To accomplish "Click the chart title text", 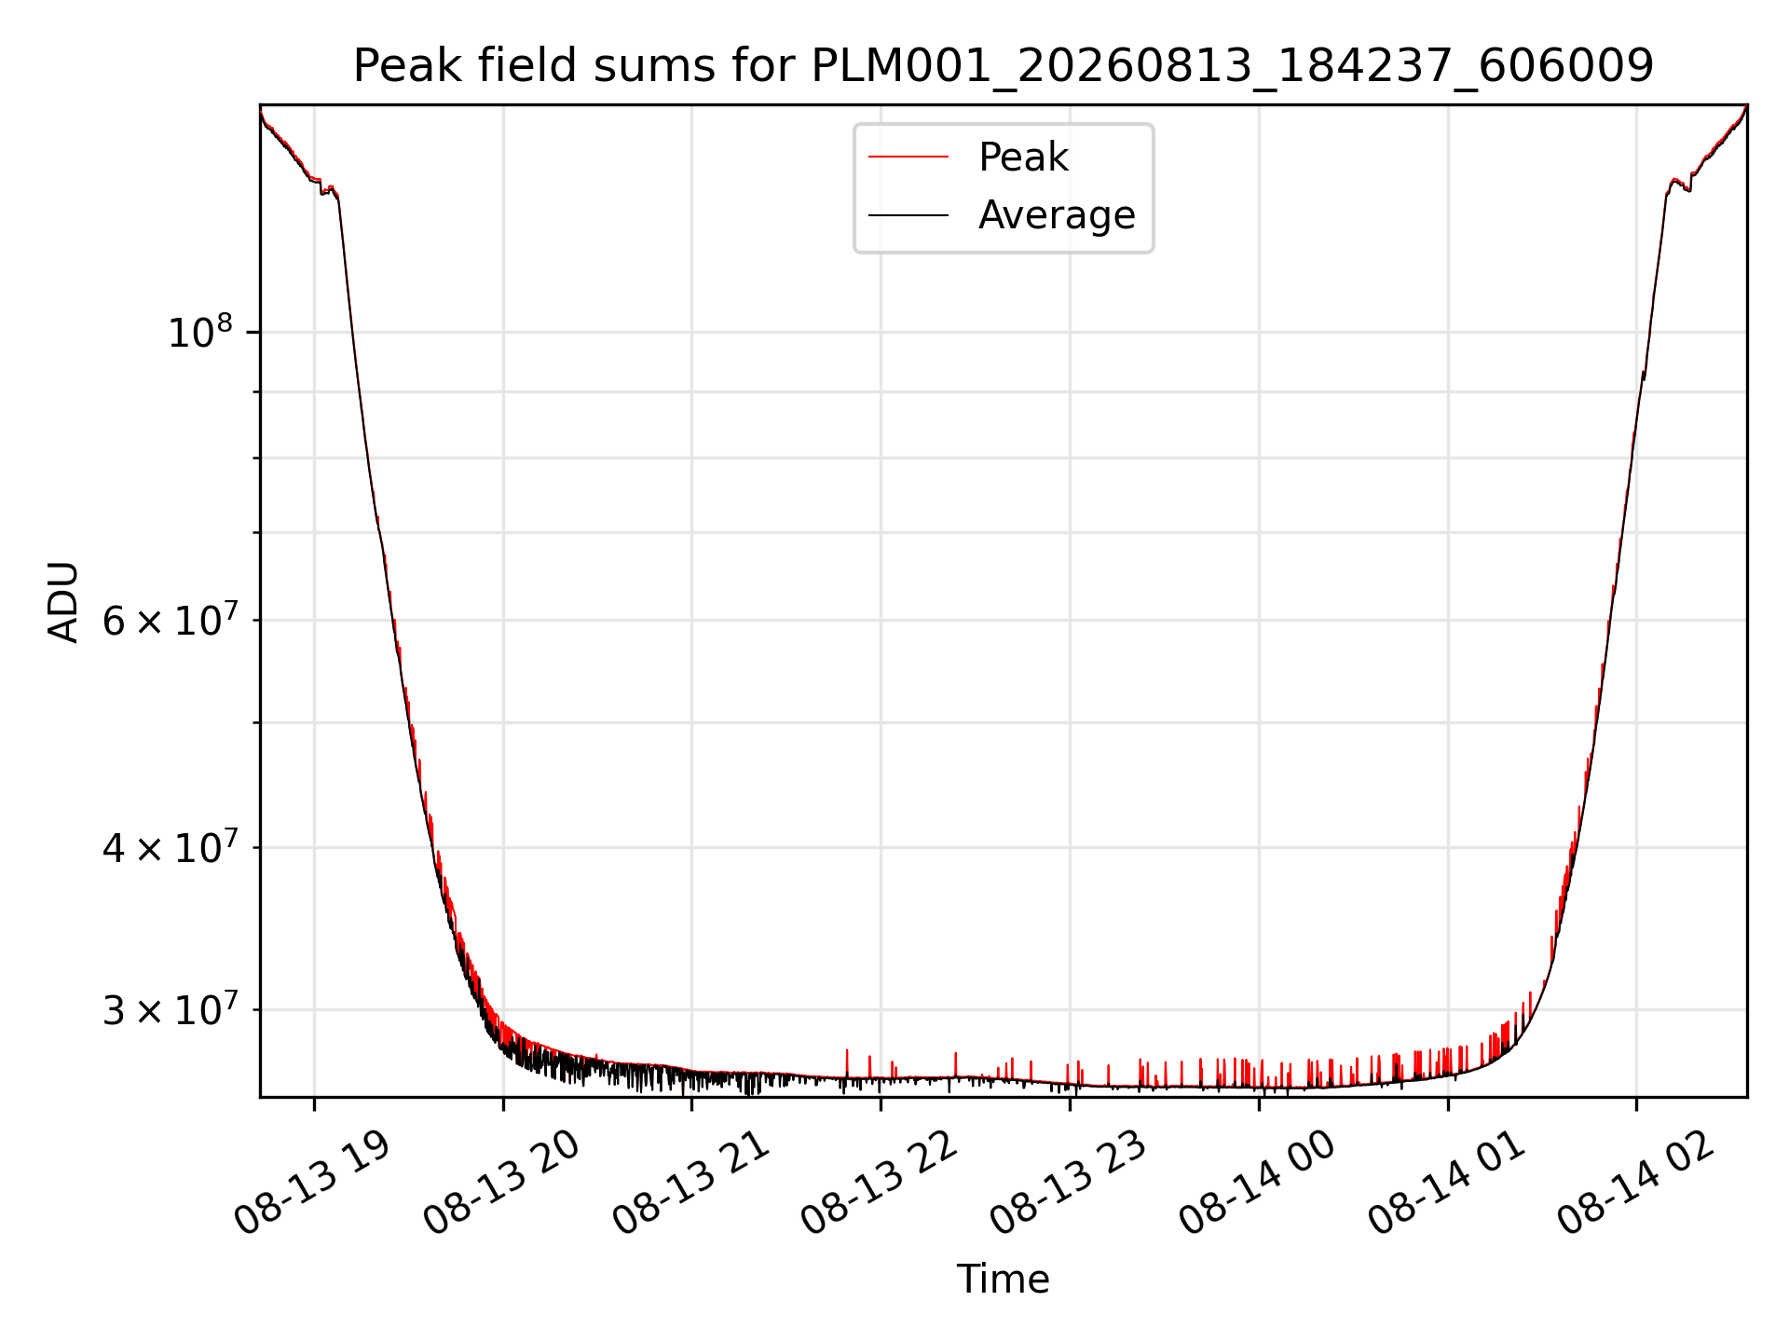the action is click(x=1004, y=66).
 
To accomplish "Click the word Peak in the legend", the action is click(x=1023, y=157).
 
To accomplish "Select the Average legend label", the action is click(x=1057, y=215).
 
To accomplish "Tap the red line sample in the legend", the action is click(x=908, y=157).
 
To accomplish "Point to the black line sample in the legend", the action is click(x=908, y=215).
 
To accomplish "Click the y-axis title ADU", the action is click(x=63, y=601).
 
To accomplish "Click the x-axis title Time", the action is click(x=1004, y=1280).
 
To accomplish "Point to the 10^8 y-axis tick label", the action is click(x=199, y=332).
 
